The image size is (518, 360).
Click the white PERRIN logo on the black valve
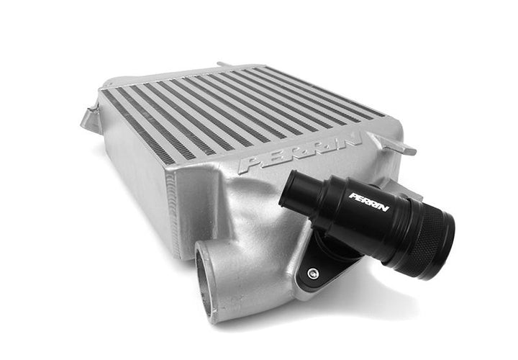coord(369,202)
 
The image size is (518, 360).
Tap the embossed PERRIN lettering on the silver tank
coord(303,153)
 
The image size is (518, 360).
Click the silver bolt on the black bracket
coord(312,273)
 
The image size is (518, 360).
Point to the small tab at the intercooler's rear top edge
coord(223,66)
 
